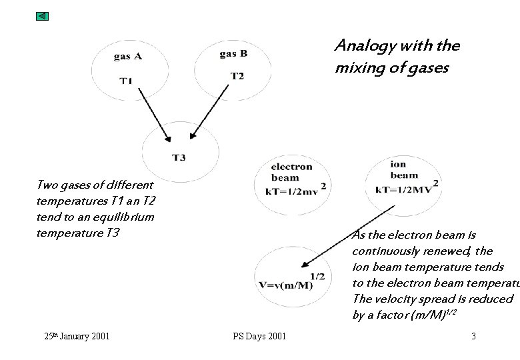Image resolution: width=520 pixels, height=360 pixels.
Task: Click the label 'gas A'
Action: click(127, 57)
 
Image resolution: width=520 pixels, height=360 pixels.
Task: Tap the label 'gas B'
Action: click(233, 53)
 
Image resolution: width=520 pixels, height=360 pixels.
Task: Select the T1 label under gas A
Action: click(126, 81)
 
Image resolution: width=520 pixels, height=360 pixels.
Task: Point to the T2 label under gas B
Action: click(237, 76)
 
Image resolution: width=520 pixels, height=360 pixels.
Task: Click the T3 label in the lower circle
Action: click(179, 158)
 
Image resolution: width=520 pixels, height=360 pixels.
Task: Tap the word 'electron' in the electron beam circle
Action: click(292, 167)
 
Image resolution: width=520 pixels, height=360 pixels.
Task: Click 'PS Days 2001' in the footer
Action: click(259, 336)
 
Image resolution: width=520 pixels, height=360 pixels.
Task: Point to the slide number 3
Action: click(473, 336)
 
